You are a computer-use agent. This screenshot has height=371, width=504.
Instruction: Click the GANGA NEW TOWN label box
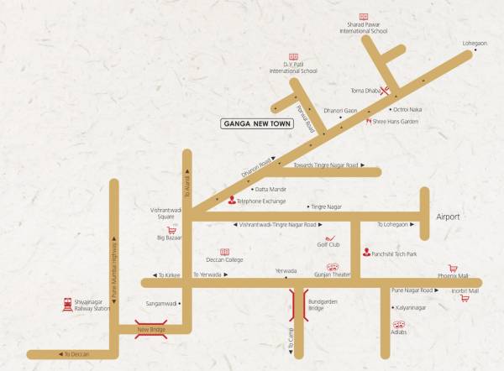[x=256, y=123]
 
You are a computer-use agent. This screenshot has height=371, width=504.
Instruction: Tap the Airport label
[x=448, y=217]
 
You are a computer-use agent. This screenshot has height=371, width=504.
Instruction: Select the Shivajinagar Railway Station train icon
[x=67, y=305]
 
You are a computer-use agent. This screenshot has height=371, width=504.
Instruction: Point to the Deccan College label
[x=224, y=260]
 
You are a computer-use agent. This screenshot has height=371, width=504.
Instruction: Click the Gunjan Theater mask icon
[x=332, y=266]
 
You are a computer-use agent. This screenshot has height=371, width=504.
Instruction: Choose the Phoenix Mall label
[x=453, y=275]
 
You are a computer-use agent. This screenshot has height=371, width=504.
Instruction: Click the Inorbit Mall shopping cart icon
[x=465, y=298]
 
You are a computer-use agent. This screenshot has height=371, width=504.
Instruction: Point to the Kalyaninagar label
[x=409, y=307]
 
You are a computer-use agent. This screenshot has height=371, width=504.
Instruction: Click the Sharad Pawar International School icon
[x=364, y=17]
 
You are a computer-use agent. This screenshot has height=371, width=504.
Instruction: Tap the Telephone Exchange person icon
[x=233, y=200]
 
